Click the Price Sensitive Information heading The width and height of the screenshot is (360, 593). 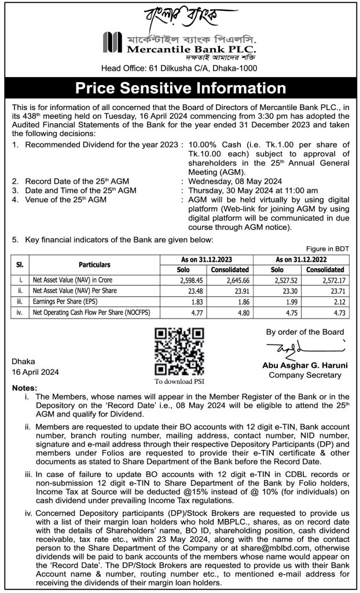tap(180, 89)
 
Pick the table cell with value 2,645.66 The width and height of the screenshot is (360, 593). tap(230, 280)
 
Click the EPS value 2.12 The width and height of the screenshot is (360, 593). tap(327, 301)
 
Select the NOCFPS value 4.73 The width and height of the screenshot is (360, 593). tap(327, 311)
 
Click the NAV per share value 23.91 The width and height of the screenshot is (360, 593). tap(230, 290)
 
